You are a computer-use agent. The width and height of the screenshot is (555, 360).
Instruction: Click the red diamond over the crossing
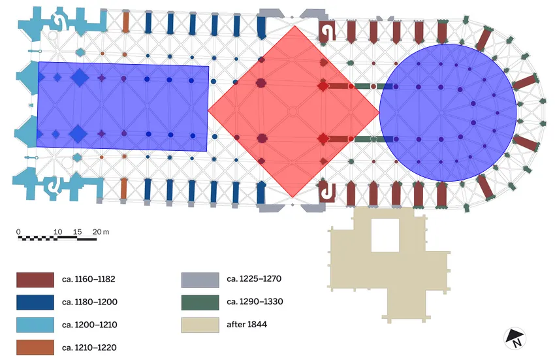pyautogui.click(x=293, y=111)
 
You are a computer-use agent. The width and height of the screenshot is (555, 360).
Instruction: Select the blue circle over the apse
pyautogui.click(x=448, y=113)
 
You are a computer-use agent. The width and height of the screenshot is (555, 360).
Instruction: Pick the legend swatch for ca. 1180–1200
pyautogui.click(x=35, y=303)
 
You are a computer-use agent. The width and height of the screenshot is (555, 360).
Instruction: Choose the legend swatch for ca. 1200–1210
pyautogui.click(x=35, y=325)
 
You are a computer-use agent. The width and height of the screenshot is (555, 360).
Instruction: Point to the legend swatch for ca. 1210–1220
pyautogui.click(x=35, y=347)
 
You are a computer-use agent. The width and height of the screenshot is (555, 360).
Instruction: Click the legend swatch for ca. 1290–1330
pyautogui.click(x=199, y=303)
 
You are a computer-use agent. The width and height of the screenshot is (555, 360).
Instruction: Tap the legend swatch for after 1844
pyautogui.click(x=199, y=325)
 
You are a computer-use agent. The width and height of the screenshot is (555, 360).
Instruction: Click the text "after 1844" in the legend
pyautogui.click(x=246, y=325)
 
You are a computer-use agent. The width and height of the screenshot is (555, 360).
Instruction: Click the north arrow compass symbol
pyautogui.click(x=515, y=338)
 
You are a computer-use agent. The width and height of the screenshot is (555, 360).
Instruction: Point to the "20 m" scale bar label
pyautogui.click(x=101, y=232)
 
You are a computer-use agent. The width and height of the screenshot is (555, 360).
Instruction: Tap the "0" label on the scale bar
pyautogui.click(x=19, y=232)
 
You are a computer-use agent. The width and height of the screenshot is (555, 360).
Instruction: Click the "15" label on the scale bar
pyautogui.click(x=77, y=232)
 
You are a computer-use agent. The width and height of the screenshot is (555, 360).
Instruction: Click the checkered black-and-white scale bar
pyautogui.click(x=57, y=238)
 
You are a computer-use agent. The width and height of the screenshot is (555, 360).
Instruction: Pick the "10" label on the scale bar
pyautogui.click(x=57, y=232)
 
